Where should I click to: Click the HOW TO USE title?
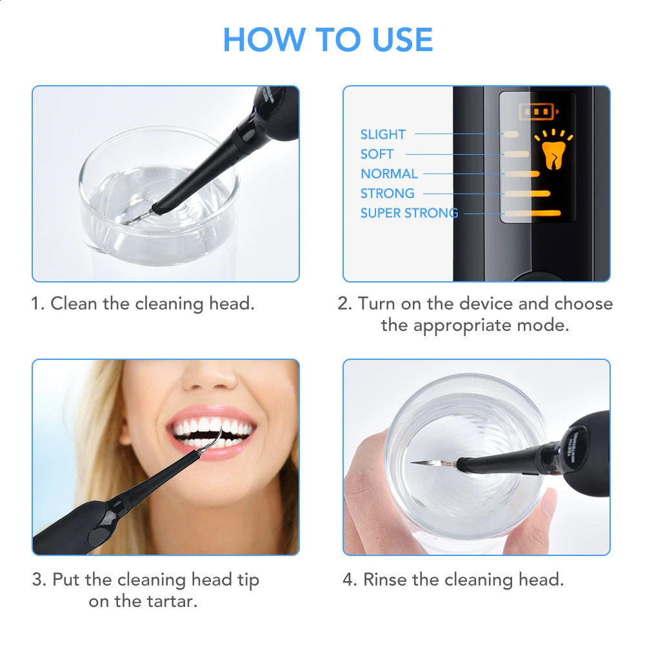click(328, 40)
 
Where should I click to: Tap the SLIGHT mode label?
click(382, 134)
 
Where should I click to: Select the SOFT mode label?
click(377, 154)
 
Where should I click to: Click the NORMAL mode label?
click(389, 174)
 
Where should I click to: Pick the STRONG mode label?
click(387, 193)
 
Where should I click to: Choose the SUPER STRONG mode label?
click(409, 213)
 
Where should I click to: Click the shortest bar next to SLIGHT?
click(511, 134)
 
